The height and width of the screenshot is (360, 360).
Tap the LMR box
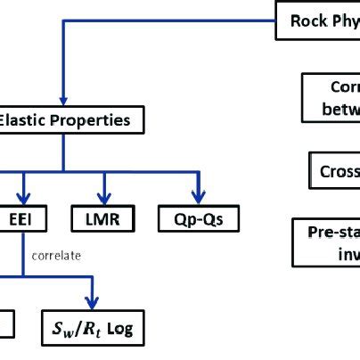[x=105, y=217]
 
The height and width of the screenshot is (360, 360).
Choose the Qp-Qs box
[x=198, y=217]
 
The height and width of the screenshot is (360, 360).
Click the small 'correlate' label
[x=55, y=256]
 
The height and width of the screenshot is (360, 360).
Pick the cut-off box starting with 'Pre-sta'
[x=327, y=242]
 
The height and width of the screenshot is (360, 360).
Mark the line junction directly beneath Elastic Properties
[x=61, y=170]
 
